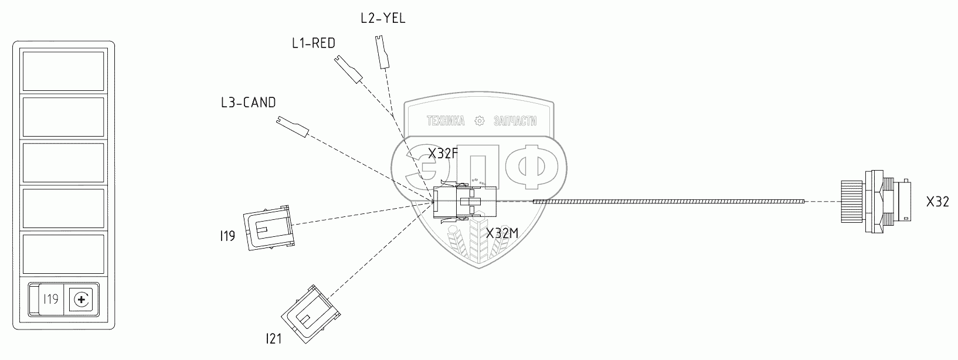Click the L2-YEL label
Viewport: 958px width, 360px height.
tap(383, 18)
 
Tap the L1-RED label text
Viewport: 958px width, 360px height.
tap(313, 43)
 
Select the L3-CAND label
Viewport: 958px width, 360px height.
tap(248, 103)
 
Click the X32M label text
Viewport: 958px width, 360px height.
tap(502, 233)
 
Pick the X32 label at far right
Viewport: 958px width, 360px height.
tap(937, 203)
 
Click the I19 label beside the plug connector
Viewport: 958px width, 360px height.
tap(227, 236)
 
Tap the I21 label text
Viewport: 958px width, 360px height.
tap(274, 338)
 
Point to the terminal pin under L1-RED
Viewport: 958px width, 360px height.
tap(349, 69)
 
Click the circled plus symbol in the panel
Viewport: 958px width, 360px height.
tap(81, 301)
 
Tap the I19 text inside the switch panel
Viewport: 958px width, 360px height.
tap(50, 300)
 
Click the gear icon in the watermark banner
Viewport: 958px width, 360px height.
tap(479, 121)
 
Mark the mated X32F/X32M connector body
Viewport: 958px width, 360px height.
tap(464, 202)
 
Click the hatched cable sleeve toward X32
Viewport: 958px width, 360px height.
tap(669, 202)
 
